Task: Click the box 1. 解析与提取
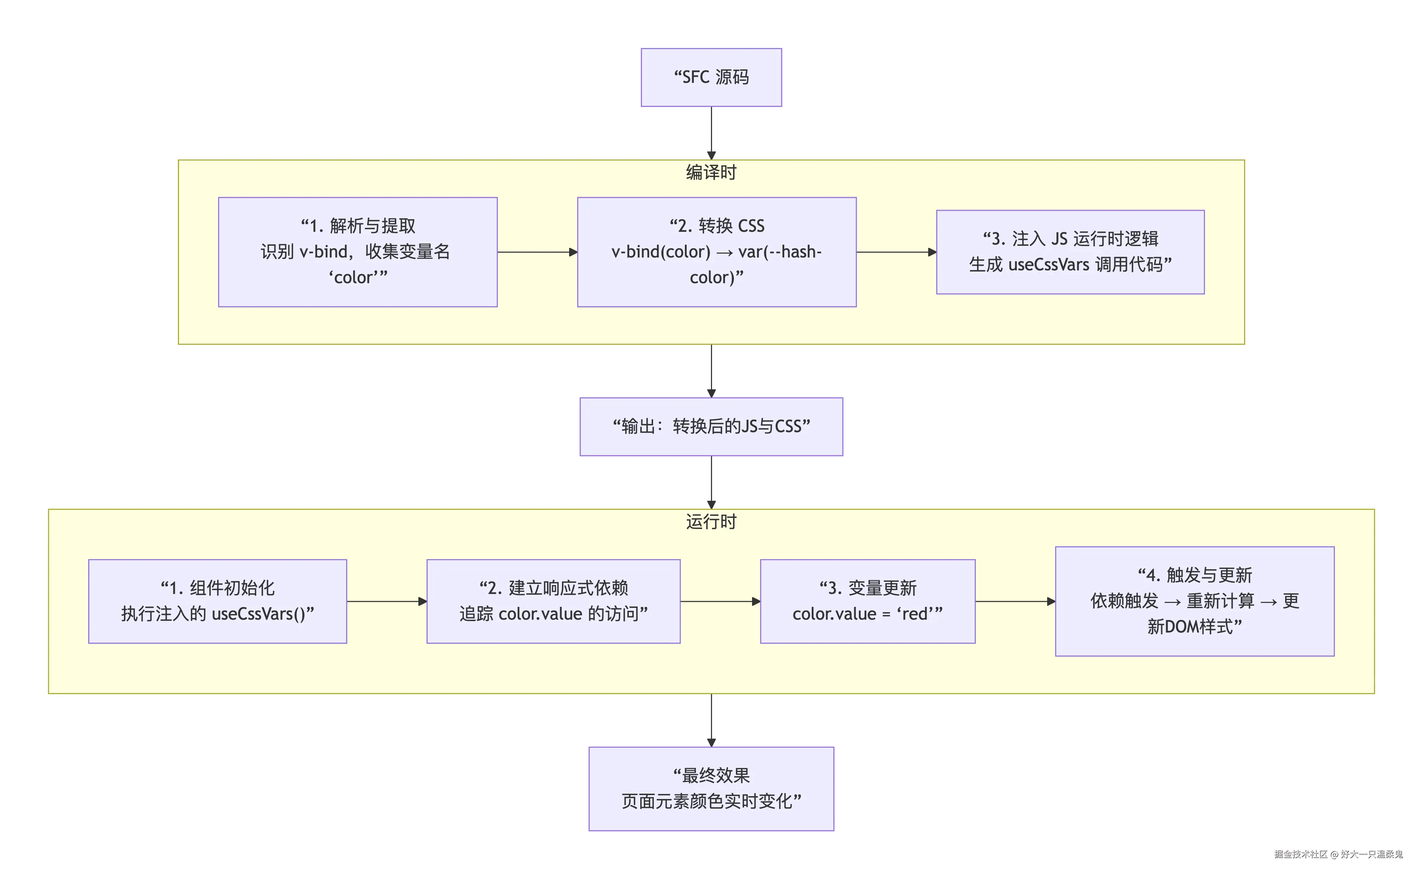pos(358,252)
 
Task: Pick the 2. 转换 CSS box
pos(716,252)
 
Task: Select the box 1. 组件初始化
pos(218,601)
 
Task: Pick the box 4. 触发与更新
pos(1194,601)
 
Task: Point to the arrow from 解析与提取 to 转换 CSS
pos(537,252)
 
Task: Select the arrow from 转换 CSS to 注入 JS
pos(896,252)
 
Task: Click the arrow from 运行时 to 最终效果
pos(711,720)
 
